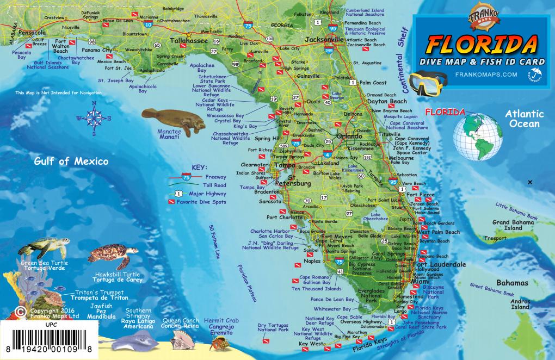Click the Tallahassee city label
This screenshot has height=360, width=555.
(188, 41)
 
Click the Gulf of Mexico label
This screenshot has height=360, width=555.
(71, 162)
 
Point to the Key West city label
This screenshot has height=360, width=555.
(311, 344)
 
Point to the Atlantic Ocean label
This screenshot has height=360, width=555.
(524, 119)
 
